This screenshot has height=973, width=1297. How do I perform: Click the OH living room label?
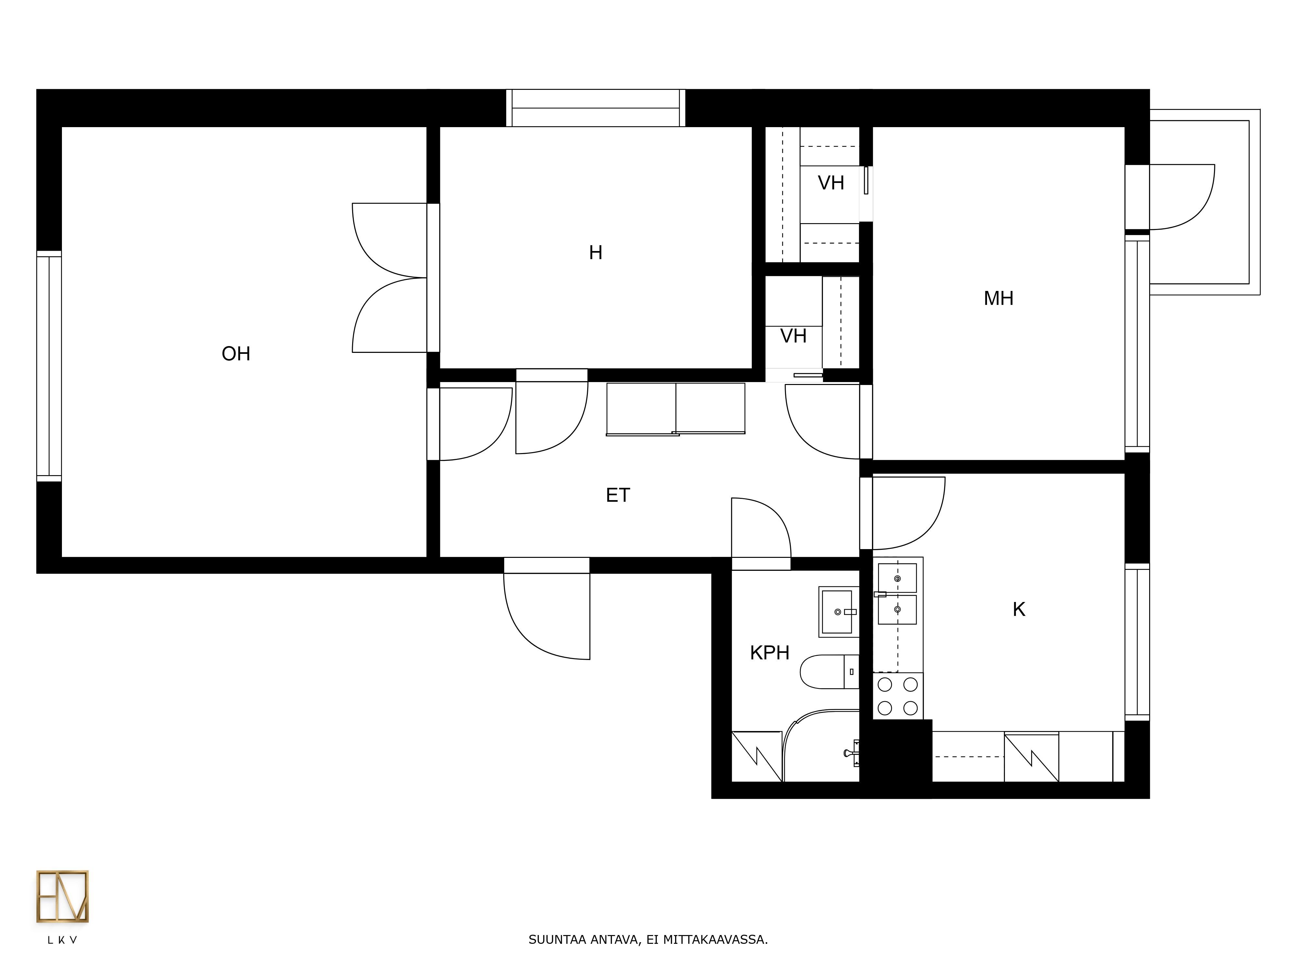(x=236, y=354)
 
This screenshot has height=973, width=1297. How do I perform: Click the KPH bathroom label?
(x=769, y=653)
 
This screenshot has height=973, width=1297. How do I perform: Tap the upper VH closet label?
(x=831, y=183)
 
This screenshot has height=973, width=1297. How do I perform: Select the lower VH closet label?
(x=793, y=336)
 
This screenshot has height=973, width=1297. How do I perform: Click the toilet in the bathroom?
(x=829, y=672)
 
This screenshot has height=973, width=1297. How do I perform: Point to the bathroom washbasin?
(x=839, y=612)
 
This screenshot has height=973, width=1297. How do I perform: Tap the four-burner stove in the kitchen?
(x=898, y=696)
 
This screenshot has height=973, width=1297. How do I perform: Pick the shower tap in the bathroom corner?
(x=852, y=753)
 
